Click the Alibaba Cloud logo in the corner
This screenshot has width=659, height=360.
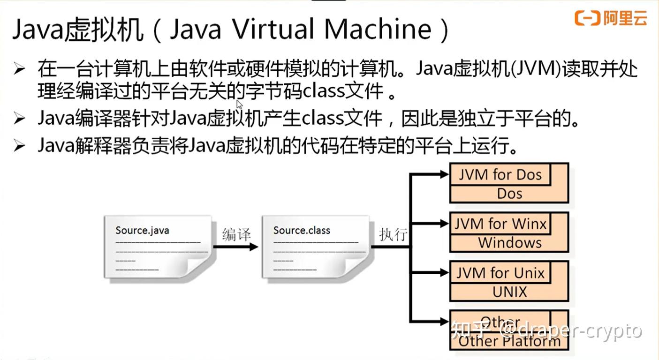coord(611,18)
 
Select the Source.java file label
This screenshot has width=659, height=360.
coord(142,230)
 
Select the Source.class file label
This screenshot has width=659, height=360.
coord(302,230)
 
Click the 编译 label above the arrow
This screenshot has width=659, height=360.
coord(236,234)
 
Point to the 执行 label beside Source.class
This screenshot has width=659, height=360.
coord(393,234)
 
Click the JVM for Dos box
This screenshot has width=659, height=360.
coord(500,175)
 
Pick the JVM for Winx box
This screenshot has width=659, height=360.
coord(500,224)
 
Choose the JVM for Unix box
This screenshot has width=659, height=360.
coord(500,273)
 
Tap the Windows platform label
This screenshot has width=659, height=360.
coord(509,243)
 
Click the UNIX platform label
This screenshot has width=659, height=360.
coord(509,292)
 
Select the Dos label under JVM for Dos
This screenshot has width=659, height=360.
coord(509,194)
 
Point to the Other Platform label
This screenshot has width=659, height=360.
coord(509,341)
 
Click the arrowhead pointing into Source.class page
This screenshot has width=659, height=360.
coord(254,247)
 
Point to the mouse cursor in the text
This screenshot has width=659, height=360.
coord(239,104)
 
